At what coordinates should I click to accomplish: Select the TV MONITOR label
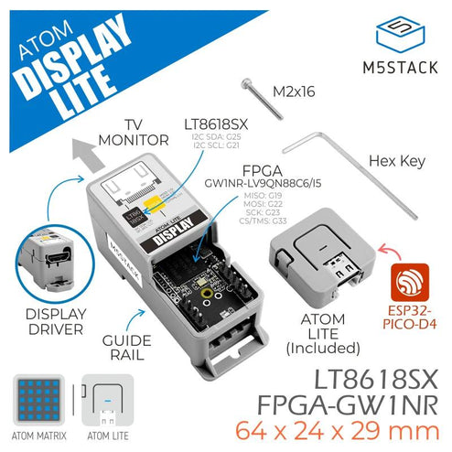click(142, 134)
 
